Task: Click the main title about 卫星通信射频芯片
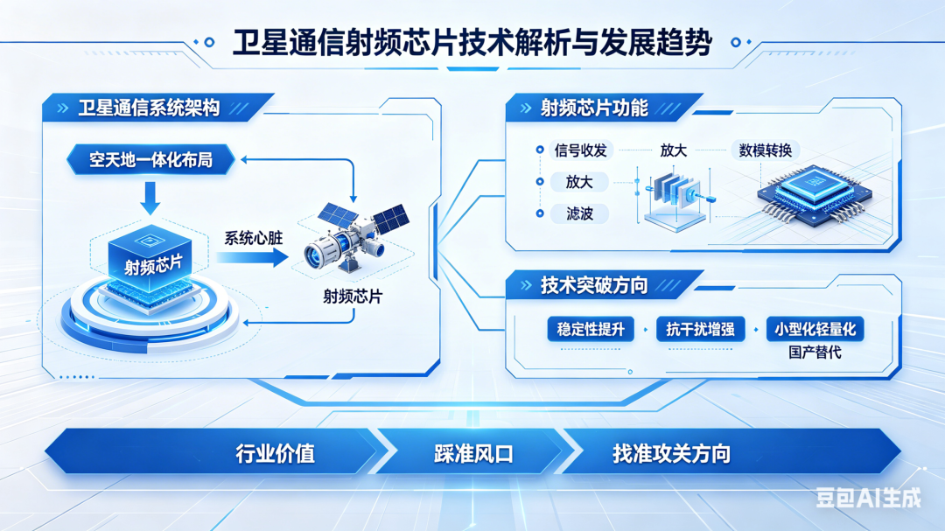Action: coord(472,43)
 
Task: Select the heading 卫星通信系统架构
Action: coord(149,108)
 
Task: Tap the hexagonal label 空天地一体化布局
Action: coord(150,160)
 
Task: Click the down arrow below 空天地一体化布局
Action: coord(150,199)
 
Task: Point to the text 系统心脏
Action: coord(253,238)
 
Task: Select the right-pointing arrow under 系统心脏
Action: coord(253,258)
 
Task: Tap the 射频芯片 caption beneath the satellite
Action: coord(353,297)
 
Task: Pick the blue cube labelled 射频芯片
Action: coord(150,259)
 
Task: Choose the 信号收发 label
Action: coord(580,150)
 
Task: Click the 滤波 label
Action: coord(579,213)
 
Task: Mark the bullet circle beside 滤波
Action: coord(540,213)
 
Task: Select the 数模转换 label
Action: coord(766,150)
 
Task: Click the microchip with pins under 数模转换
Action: coord(815,194)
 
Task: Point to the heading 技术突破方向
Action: coord(593,285)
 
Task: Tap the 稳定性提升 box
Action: coord(591,330)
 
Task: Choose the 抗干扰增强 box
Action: coord(700,330)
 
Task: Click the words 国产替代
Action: coord(815,352)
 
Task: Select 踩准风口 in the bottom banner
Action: coord(473,454)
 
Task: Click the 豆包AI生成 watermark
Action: coord(869,498)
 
